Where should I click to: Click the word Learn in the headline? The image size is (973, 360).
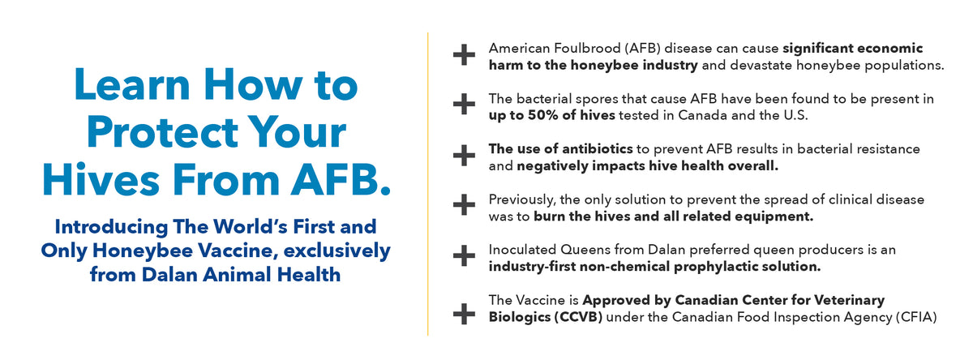click(132, 84)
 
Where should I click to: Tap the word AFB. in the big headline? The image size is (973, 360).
click(341, 179)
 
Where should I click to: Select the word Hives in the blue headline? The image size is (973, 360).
click(101, 179)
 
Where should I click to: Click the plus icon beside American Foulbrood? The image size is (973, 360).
click(464, 55)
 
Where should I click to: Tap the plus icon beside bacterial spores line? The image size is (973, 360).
click(464, 105)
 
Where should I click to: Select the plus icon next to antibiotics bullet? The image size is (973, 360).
click(464, 156)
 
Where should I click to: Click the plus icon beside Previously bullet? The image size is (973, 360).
click(464, 205)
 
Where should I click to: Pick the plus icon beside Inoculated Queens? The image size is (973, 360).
click(464, 255)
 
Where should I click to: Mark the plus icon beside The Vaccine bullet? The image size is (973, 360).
click(464, 314)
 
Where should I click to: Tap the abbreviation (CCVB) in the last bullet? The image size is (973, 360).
click(578, 318)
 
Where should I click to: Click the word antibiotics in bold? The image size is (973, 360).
click(597, 149)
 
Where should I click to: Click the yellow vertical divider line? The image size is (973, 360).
click(428, 184)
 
